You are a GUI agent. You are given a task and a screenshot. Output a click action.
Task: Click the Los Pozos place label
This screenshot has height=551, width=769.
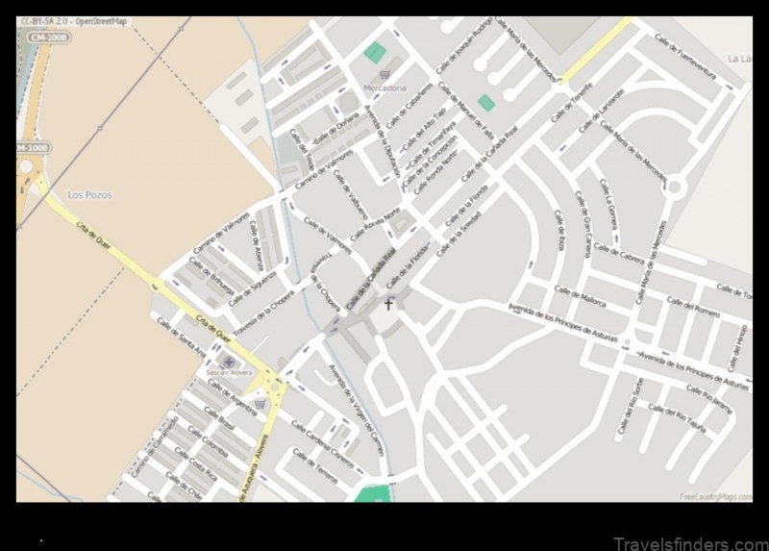tap(88, 194)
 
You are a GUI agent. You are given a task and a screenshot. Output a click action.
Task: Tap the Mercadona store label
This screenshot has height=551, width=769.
tap(384, 88)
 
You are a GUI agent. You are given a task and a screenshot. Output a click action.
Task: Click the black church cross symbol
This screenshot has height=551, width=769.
tap(388, 305)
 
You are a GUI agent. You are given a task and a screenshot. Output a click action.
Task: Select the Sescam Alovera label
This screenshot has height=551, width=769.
tap(228, 371)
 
